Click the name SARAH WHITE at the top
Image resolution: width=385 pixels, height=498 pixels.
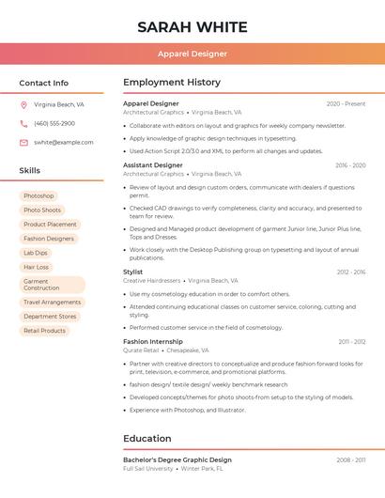click(x=192, y=27)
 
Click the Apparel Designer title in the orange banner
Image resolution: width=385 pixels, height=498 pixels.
click(x=192, y=54)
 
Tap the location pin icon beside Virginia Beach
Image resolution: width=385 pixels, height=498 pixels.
click(x=23, y=105)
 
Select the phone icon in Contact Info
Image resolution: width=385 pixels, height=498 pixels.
click(x=23, y=124)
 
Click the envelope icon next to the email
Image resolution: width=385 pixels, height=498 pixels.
click(x=23, y=143)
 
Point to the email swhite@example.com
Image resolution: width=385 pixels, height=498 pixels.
click(x=63, y=143)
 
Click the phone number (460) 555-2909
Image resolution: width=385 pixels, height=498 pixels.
click(x=54, y=124)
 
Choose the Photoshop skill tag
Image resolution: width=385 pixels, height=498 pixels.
click(x=38, y=196)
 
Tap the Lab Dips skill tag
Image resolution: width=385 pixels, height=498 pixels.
click(x=36, y=253)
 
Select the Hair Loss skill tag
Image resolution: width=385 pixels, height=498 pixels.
click(x=37, y=267)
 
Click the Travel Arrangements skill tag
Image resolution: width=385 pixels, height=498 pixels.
click(x=52, y=303)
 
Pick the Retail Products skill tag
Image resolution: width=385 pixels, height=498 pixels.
click(x=44, y=331)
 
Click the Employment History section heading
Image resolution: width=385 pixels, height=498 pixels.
click(x=172, y=83)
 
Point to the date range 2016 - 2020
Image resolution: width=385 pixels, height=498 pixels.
click(x=350, y=165)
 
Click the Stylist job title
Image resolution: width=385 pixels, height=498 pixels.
click(x=133, y=272)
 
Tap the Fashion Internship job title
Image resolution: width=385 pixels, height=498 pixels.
click(x=153, y=341)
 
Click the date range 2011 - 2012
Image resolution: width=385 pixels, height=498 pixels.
click(x=352, y=342)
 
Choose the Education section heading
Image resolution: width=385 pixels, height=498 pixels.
click(x=147, y=438)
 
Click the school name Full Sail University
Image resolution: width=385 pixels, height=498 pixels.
click(x=148, y=468)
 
